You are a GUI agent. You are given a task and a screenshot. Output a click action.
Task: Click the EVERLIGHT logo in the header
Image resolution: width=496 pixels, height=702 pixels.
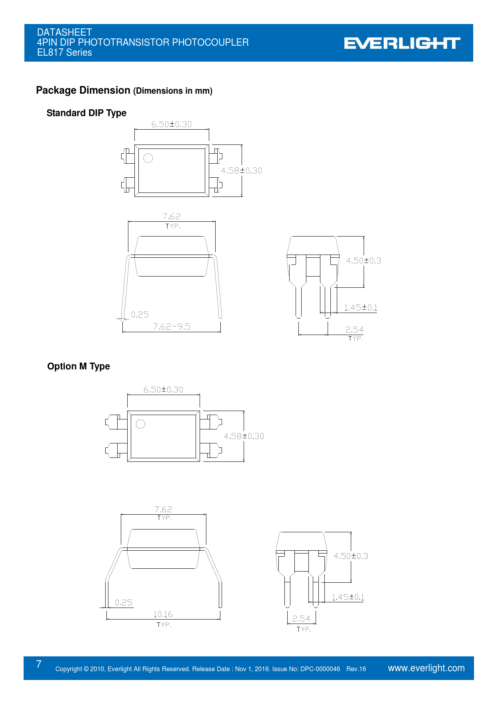402,43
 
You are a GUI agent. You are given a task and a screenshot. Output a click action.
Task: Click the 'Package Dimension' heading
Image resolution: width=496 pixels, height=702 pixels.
83,90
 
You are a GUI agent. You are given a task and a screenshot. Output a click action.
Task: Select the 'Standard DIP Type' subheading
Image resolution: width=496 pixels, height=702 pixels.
86,113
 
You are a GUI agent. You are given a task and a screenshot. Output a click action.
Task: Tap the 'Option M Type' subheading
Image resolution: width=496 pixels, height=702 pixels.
78,367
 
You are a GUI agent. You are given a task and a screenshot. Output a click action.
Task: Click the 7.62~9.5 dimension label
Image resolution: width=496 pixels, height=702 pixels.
172,327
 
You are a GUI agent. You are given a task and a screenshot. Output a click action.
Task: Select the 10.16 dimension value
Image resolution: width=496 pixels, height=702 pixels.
163,614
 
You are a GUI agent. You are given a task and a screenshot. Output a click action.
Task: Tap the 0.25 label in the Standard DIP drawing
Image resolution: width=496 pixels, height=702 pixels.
140,315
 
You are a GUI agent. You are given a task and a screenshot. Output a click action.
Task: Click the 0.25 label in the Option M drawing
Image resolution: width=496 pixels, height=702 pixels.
124,603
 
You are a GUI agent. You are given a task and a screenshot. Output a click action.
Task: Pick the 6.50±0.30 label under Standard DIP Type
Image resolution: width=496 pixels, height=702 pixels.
172,124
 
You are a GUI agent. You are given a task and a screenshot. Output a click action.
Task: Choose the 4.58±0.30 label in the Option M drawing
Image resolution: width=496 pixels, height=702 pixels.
244,436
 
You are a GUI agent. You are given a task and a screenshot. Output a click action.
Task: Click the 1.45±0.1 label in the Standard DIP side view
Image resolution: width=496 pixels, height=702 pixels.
361,307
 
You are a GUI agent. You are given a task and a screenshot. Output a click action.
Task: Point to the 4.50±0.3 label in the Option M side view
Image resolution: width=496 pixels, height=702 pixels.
351,556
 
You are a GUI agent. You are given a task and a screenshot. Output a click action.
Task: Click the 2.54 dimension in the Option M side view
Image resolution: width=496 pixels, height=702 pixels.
301,619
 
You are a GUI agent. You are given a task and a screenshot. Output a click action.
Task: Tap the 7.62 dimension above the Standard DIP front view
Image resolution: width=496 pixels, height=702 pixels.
172,217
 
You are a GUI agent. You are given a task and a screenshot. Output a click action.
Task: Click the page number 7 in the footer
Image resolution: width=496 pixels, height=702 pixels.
39,664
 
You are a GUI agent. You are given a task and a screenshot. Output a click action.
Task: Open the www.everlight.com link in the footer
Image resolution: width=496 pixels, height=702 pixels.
426,668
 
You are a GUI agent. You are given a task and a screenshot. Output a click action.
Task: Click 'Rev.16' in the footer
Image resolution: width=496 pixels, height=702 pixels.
356,669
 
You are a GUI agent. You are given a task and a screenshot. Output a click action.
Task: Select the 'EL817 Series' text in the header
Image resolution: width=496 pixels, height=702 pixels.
64,52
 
